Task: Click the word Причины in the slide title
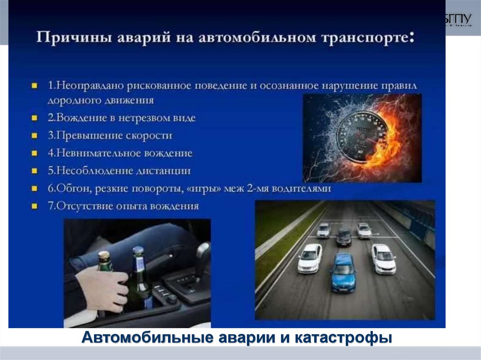tap(74, 38)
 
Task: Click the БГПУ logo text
tap(458, 19)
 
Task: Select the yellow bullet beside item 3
tap(34, 135)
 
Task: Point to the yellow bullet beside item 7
tap(34, 206)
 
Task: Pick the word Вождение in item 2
tap(81, 118)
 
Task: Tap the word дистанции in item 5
tap(163, 171)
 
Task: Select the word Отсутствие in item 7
tap(85, 206)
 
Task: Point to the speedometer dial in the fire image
tap(362, 137)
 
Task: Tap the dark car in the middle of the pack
tap(344, 237)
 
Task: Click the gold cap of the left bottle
tap(104, 255)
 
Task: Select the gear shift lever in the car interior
tap(202, 260)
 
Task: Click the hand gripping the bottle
tap(102, 289)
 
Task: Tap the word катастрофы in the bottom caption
tap(343, 337)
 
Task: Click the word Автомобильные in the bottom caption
tap(147, 337)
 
